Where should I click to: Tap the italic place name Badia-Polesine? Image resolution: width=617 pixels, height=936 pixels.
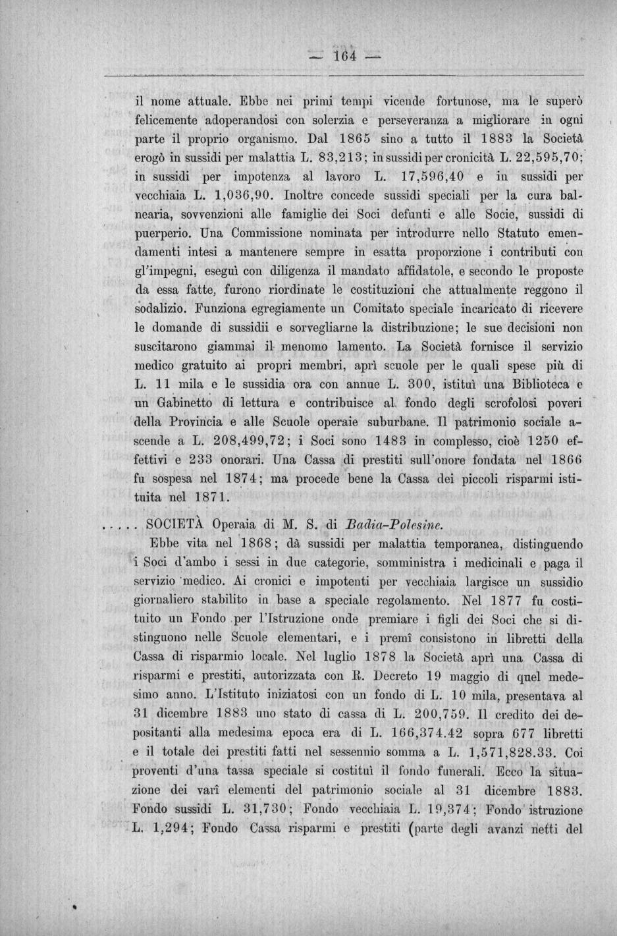[392, 526]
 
